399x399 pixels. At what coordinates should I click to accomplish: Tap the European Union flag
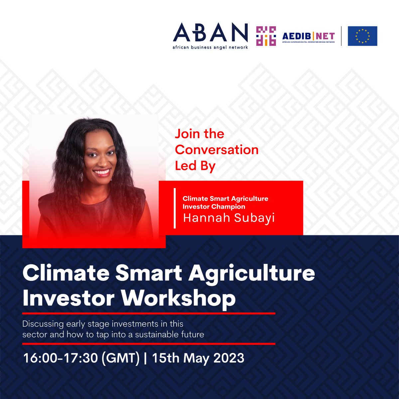pos(362,36)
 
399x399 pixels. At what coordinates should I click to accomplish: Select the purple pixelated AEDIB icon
pos(266,36)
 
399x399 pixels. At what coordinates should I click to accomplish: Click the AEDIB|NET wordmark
pos(308,36)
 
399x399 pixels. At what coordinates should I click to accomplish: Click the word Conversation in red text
pos(216,150)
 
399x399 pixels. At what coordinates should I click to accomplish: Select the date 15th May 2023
pos(198,358)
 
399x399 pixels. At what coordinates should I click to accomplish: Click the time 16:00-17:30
pos(60,358)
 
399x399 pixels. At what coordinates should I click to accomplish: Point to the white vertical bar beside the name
pos(175,208)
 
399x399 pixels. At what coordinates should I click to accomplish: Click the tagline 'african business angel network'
pos(210,47)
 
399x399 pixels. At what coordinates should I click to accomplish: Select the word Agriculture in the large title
pos(253,274)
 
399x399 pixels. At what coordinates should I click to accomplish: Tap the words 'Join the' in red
pos(199,134)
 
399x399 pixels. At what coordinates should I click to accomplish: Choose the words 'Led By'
pos(195,166)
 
